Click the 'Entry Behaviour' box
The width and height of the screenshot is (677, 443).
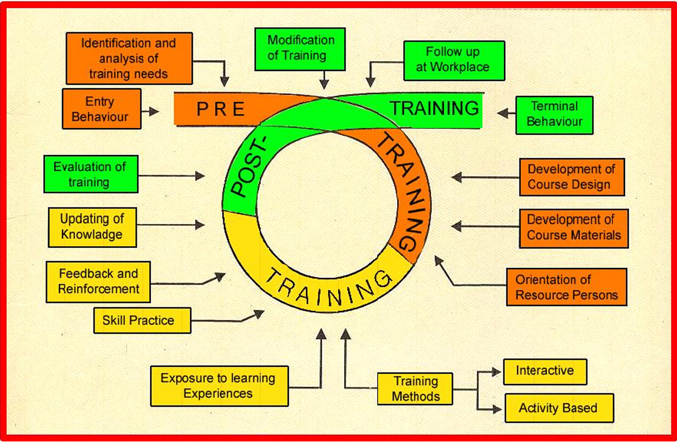point(101,109)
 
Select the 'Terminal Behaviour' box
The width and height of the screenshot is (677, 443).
point(554,115)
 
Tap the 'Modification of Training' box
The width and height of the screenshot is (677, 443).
point(300,49)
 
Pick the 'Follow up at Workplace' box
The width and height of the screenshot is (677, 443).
point(454,61)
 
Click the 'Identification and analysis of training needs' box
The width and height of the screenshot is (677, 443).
point(129,58)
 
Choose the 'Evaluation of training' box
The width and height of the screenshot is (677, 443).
point(91,174)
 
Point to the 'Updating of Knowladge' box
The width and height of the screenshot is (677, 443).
point(92,228)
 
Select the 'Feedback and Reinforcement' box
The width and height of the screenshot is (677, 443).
point(98,282)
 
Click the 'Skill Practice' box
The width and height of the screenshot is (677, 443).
point(142,321)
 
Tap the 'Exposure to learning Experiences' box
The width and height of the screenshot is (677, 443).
point(220,386)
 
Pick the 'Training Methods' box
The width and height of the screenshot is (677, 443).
point(415,389)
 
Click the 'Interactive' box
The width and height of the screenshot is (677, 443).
point(545,372)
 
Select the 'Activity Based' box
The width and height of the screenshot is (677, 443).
point(559,408)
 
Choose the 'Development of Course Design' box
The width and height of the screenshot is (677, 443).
point(572,177)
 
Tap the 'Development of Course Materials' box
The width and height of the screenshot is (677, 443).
point(574,228)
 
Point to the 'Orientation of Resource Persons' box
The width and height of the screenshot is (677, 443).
point(567,287)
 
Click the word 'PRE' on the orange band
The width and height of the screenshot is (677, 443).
point(221,109)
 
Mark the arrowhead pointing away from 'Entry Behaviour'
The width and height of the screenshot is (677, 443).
point(154,111)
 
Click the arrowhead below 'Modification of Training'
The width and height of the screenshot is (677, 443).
point(324,85)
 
